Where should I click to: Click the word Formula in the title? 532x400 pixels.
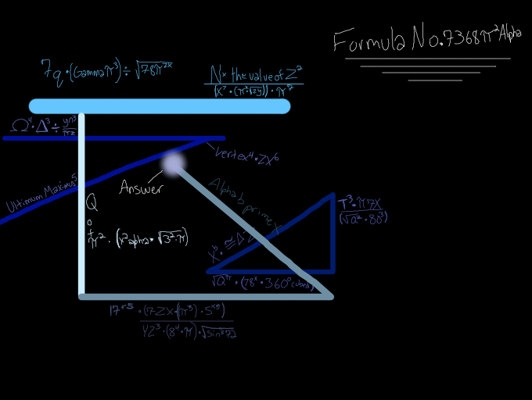coord(368,40)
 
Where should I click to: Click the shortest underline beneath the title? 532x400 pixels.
coord(434,80)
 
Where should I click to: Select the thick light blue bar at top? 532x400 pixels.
coord(160,106)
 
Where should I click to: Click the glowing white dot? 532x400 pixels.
coord(173,163)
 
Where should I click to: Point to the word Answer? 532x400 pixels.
coord(141,188)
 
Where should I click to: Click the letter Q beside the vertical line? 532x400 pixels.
coord(92,204)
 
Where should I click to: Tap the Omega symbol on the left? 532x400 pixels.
coord(20,125)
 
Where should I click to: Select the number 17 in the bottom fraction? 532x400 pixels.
coord(117,310)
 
